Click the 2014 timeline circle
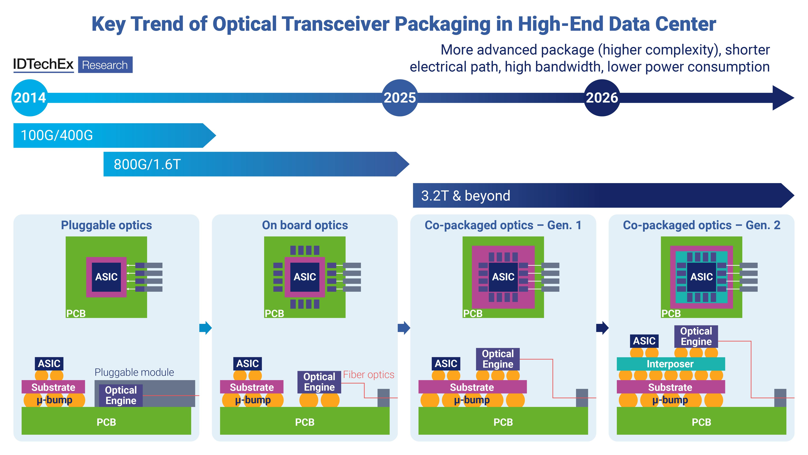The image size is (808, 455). tap(30, 98)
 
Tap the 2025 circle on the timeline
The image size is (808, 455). tap(400, 98)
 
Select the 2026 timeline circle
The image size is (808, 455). tap(602, 98)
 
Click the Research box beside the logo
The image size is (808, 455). tap(105, 65)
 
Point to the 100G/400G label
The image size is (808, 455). tap(57, 135)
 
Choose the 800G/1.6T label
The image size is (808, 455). tap(147, 164)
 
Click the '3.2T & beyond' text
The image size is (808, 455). tap(465, 196)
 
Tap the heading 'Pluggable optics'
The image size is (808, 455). tap(106, 225)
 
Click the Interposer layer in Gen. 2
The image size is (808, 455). tap(670, 364)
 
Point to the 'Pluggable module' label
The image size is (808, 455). tap(134, 372)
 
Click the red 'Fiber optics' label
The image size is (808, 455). tap(369, 375)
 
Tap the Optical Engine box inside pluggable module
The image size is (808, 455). tap(121, 395)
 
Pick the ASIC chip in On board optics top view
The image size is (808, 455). tap(305, 277)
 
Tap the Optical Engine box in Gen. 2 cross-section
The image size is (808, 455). tap(696, 336)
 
